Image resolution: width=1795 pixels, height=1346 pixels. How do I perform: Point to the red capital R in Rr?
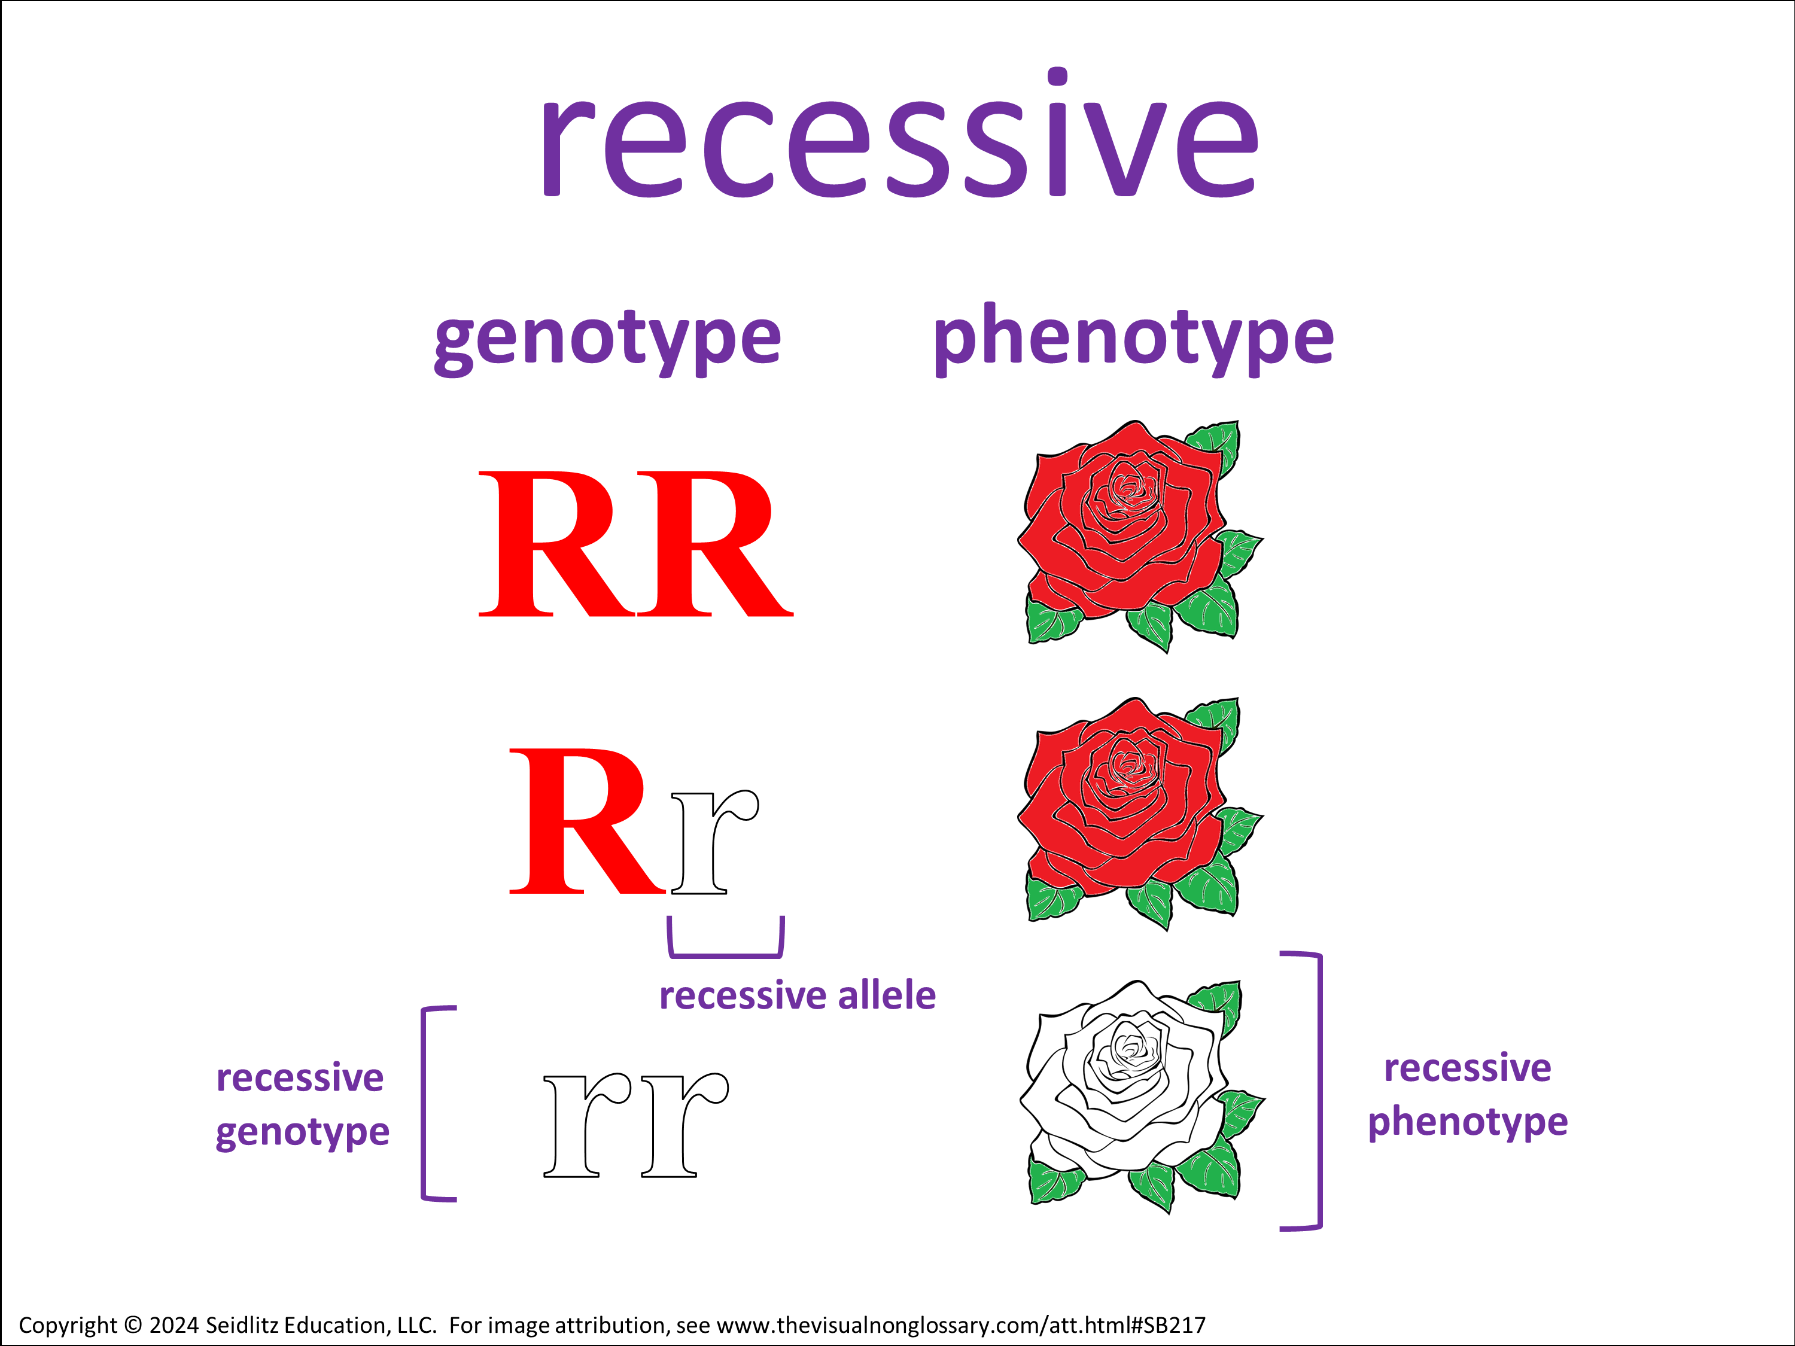[586, 821]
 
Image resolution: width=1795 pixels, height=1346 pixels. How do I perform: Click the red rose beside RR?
[1136, 535]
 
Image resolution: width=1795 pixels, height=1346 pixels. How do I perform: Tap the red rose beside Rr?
[1136, 811]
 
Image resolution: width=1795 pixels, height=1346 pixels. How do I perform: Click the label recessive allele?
[797, 996]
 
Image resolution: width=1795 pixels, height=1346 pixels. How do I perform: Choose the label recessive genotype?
[302, 1105]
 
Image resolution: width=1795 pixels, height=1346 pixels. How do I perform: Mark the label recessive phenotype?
[1467, 1095]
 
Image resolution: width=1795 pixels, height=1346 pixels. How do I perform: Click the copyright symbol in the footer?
[130, 1326]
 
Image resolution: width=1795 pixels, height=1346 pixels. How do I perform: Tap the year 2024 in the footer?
[174, 1326]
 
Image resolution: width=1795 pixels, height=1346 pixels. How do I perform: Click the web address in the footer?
[961, 1326]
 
